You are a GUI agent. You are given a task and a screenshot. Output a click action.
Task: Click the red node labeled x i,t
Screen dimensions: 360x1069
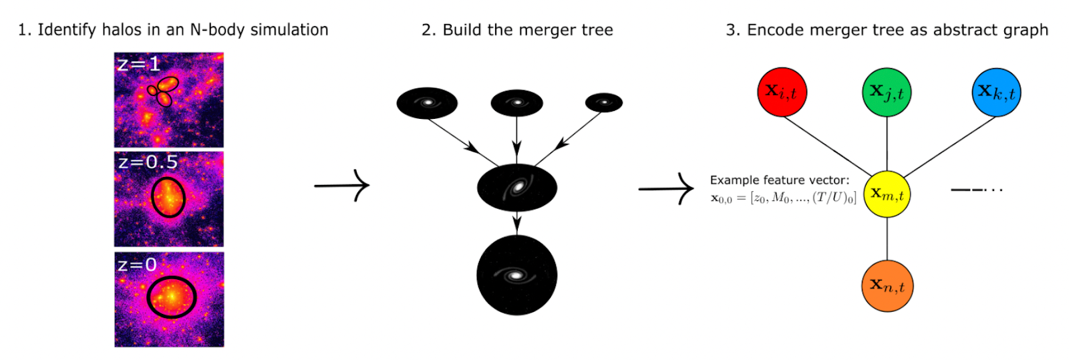click(782, 92)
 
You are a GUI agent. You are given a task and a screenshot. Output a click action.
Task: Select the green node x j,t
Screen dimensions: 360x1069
click(887, 92)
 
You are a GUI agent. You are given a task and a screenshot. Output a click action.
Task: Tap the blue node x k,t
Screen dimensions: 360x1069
click(996, 92)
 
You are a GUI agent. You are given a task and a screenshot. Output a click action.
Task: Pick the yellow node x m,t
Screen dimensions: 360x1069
click(887, 194)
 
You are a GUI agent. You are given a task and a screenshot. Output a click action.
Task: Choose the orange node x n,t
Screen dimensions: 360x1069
click(887, 286)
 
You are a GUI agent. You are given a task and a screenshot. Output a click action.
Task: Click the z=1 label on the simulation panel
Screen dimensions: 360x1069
click(138, 64)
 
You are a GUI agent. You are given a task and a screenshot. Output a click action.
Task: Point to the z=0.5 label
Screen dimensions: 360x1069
click(148, 162)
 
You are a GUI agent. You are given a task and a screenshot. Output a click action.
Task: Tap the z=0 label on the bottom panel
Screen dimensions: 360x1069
click(137, 265)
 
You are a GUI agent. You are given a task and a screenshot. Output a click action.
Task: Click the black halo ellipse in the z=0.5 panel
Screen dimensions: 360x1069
click(168, 197)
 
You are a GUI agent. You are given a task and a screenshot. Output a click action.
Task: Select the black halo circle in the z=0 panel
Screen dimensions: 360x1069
click(171, 297)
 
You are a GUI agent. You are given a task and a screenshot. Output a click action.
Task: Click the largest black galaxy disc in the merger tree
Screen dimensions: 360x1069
click(516, 275)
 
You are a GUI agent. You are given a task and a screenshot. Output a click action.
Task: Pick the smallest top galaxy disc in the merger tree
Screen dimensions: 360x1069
click(604, 102)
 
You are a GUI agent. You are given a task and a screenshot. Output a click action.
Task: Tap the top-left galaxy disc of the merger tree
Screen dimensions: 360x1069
click(427, 103)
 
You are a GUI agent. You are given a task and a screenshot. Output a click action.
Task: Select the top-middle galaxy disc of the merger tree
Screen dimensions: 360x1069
click(516, 103)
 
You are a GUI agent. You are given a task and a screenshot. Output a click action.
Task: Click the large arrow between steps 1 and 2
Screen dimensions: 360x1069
click(341, 185)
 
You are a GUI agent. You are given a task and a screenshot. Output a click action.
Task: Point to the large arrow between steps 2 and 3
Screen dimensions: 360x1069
click(666, 189)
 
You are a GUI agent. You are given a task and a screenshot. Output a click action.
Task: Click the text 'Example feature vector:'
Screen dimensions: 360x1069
click(780, 180)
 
